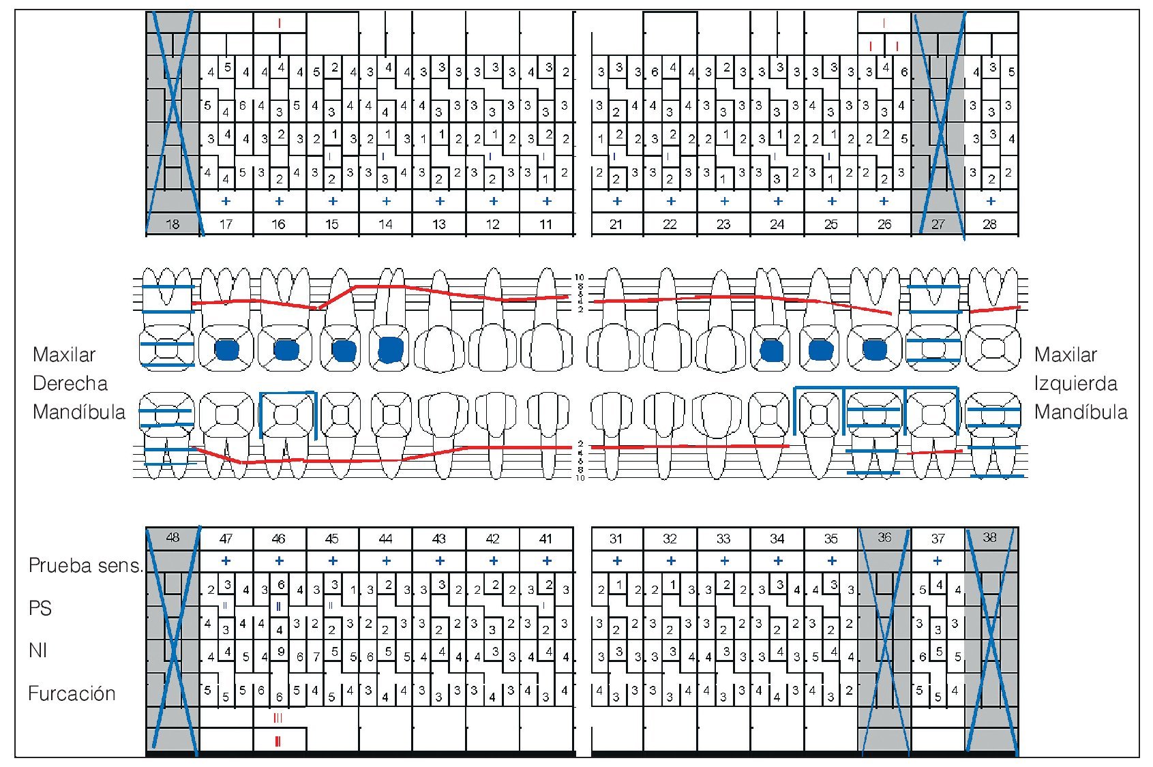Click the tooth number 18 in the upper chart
coord(173,224)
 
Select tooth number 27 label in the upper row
coord(938,224)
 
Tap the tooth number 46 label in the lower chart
coord(279,539)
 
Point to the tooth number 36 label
coord(884,538)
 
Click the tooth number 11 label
coord(546,224)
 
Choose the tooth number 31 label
coord(616,539)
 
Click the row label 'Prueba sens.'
coord(85,565)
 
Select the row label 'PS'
coord(40,608)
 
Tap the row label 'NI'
coord(38,650)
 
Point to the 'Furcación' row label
coord(72,693)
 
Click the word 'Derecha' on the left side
coord(70,383)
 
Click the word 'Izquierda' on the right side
coord(1075,383)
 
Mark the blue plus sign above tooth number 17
coord(226,201)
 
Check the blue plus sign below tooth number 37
coord(938,560)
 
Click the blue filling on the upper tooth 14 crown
coord(390,350)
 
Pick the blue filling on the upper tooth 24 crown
coord(772,350)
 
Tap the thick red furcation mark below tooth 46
coord(278,741)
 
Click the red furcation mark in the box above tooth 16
coord(280,23)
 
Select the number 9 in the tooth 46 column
coord(281,652)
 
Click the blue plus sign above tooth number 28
coord(991,201)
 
